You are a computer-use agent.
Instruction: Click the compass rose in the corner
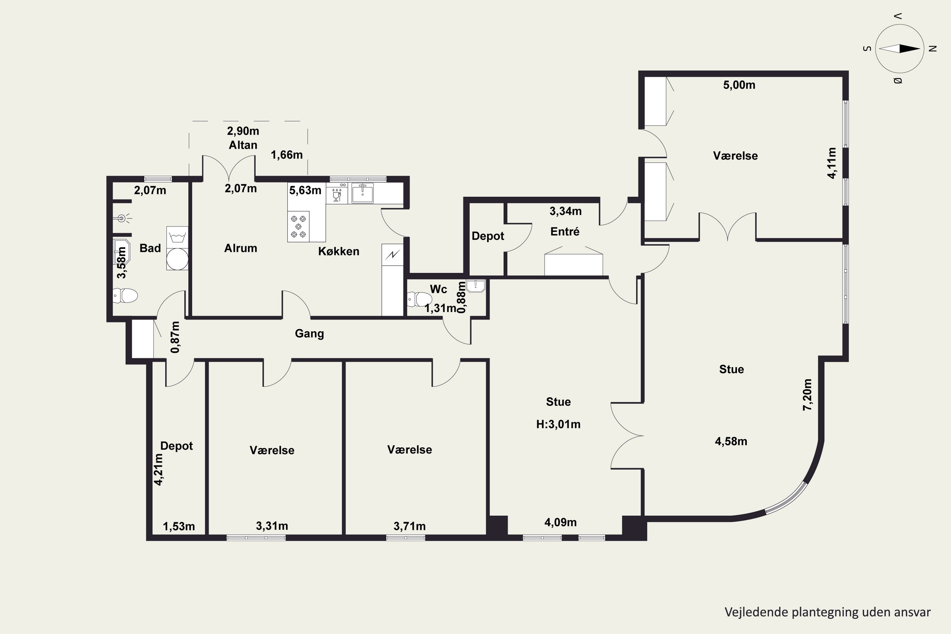pyautogui.click(x=900, y=49)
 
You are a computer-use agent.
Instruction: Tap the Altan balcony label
pyautogui.click(x=243, y=145)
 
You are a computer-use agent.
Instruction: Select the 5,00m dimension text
pyautogui.click(x=739, y=85)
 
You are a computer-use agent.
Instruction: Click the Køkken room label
pyautogui.click(x=339, y=251)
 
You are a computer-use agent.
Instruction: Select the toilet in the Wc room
pyautogui.click(x=419, y=299)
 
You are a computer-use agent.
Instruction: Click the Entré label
pyautogui.click(x=565, y=232)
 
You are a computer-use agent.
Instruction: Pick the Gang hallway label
pyautogui.click(x=309, y=333)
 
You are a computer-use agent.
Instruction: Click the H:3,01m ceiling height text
pyautogui.click(x=558, y=424)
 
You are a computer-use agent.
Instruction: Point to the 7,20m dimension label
pyautogui.click(x=807, y=395)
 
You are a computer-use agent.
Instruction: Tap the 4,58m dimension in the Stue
pyautogui.click(x=731, y=441)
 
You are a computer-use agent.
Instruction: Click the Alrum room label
pyautogui.click(x=241, y=248)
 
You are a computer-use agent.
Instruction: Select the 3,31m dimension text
pyautogui.click(x=272, y=526)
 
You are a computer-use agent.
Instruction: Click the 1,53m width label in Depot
pyautogui.click(x=179, y=527)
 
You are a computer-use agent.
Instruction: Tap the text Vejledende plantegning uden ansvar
pyautogui.click(x=827, y=612)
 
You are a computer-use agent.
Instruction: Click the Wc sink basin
pyautogui.click(x=475, y=286)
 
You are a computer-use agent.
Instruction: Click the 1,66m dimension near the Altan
pyautogui.click(x=287, y=155)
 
